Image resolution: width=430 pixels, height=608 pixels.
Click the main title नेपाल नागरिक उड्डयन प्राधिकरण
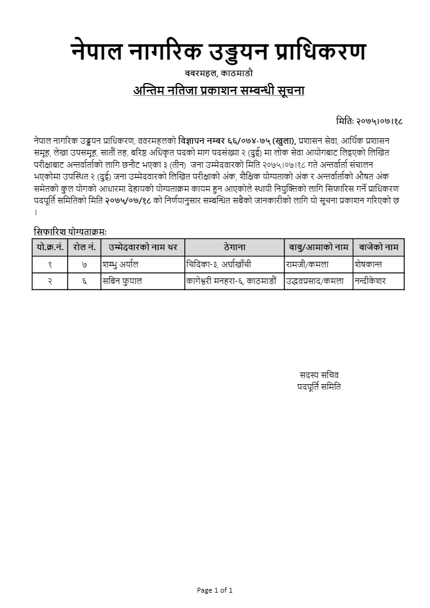click(x=218, y=52)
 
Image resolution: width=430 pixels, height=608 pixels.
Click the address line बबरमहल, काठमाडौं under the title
click(x=219, y=74)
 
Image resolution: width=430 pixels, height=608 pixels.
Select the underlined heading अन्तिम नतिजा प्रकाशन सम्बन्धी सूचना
click(x=219, y=91)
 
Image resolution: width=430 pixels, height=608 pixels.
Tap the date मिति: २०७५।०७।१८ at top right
click(x=370, y=121)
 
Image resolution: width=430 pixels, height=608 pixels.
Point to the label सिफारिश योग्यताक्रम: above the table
click(x=71, y=232)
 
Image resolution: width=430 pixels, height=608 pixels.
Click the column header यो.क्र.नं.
click(x=50, y=247)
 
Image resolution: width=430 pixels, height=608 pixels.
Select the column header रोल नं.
click(x=84, y=247)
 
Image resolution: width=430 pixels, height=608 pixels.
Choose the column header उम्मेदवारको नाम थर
click(x=143, y=247)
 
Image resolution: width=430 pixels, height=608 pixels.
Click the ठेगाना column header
click(x=233, y=247)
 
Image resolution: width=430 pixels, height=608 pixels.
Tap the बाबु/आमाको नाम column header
click(x=318, y=247)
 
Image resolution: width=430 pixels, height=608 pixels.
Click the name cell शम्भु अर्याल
click(x=123, y=264)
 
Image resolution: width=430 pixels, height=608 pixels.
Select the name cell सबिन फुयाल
click(x=125, y=281)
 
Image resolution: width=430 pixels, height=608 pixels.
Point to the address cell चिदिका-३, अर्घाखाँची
click(x=219, y=264)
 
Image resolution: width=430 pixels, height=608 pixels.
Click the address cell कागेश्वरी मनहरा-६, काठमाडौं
click(x=232, y=281)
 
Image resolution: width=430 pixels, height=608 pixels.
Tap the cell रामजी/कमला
click(x=308, y=264)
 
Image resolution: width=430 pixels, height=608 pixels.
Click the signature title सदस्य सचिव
click(x=319, y=374)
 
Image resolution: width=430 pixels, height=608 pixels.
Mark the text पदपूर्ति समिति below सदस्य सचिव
click(x=319, y=387)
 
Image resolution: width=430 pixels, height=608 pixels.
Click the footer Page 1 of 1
click(x=214, y=590)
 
